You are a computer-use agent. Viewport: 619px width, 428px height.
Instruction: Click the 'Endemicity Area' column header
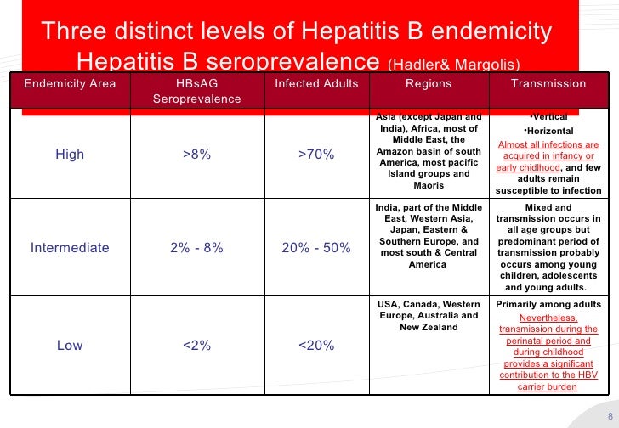[70, 83]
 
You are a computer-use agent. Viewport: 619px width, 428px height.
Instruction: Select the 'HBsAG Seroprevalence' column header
[196, 92]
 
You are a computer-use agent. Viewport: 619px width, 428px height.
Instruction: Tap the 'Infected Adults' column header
[316, 83]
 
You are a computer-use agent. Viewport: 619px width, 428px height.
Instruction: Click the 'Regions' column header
[429, 83]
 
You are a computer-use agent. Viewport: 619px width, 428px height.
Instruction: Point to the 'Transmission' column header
[548, 83]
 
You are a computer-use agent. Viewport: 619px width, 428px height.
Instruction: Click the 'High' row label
[70, 155]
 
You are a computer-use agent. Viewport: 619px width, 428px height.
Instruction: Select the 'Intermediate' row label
[70, 248]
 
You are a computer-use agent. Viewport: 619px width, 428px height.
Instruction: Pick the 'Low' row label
[70, 346]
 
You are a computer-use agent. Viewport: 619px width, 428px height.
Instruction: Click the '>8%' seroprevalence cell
[196, 155]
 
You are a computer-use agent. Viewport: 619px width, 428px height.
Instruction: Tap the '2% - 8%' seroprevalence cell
[196, 248]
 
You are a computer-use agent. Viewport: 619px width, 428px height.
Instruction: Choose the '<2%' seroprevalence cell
[196, 346]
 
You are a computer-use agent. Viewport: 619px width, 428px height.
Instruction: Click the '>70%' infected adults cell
[316, 155]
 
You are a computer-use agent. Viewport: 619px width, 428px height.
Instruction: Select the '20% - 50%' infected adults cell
[316, 248]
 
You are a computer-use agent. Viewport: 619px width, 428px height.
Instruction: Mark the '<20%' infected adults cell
[316, 346]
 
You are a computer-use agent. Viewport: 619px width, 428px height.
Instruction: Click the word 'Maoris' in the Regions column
[429, 186]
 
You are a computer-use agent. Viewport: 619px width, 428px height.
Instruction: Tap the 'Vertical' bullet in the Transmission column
[548, 116]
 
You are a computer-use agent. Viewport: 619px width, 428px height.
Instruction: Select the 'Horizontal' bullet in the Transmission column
[548, 130]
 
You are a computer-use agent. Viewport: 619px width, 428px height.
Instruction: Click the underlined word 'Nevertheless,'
[548, 318]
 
